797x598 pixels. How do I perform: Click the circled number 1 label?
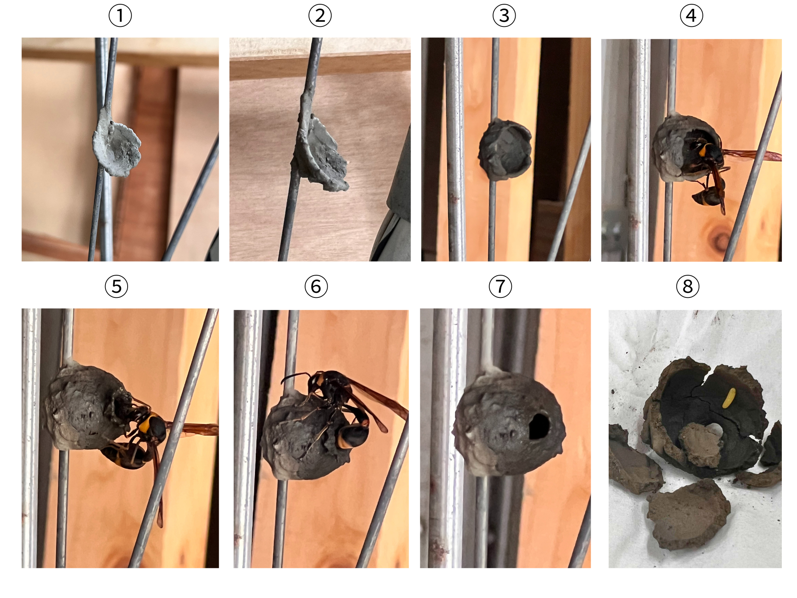(x=120, y=16)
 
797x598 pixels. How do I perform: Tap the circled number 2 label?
(x=320, y=16)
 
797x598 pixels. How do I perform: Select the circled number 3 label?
(x=504, y=16)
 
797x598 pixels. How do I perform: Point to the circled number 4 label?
(x=691, y=16)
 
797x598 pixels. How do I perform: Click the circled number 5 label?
(x=116, y=287)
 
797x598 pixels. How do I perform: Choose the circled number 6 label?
(x=316, y=287)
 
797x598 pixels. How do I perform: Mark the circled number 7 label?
(x=500, y=287)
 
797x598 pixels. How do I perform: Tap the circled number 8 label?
(x=688, y=287)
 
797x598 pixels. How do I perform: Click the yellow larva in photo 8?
(x=729, y=398)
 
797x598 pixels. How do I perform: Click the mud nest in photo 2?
(x=321, y=154)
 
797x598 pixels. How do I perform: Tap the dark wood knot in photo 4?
(x=718, y=237)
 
